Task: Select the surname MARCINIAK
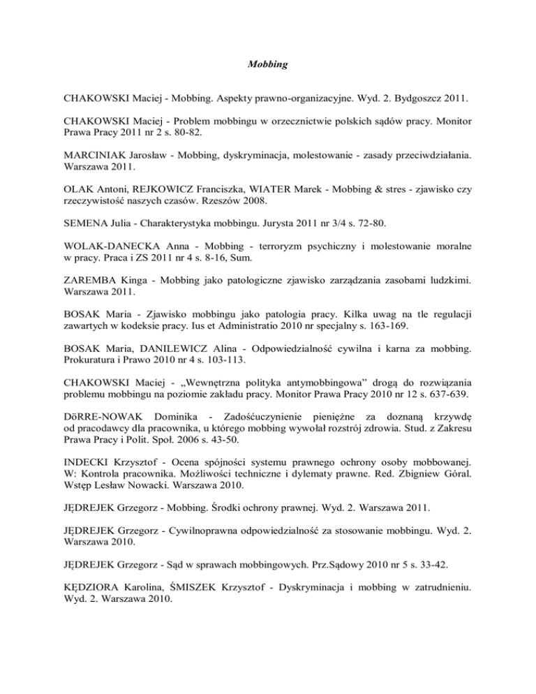tap(87, 198)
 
